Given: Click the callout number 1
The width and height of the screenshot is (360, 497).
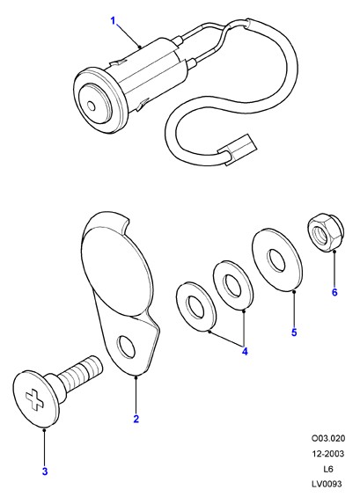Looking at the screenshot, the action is [114, 21].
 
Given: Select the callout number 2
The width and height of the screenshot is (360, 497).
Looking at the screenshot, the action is [136, 419].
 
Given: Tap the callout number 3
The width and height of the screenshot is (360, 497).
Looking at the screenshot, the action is [45, 471].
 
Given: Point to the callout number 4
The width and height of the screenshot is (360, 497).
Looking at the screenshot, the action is [245, 352].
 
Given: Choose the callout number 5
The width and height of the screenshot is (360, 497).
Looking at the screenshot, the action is [294, 333].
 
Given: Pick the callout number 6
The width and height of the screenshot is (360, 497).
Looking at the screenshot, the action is [334, 292].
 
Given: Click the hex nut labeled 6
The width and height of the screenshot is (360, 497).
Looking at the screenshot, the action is [326, 232].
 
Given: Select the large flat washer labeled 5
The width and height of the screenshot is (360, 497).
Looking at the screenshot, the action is [277, 259].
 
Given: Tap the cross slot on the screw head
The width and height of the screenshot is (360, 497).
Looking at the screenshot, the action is [34, 399].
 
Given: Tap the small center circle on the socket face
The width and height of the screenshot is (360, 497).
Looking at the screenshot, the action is [91, 106].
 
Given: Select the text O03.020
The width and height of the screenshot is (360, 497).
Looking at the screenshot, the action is [328, 439].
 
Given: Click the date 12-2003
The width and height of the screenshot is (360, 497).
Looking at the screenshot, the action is [328, 454].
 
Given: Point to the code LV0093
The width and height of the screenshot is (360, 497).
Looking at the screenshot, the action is [327, 484].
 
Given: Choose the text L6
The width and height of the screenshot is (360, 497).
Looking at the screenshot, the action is [328, 469].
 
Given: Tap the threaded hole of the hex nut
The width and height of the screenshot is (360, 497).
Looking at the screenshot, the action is [319, 235].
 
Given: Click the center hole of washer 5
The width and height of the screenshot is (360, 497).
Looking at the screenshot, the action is [276, 260].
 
